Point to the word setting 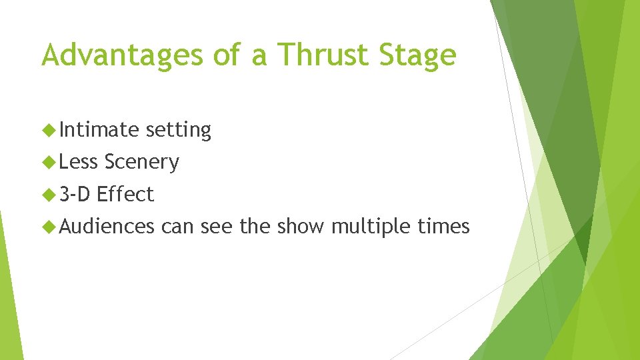(178, 129)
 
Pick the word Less (79, 162)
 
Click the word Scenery (141, 162)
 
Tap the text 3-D (75, 194)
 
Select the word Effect (125, 194)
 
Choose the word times (443, 227)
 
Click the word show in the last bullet (301, 227)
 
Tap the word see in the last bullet (217, 227)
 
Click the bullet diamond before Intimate (48, 129)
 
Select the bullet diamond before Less (48, 162)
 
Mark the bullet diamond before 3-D (48, 195)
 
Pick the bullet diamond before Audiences (48, 227)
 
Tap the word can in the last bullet (177, 227)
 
